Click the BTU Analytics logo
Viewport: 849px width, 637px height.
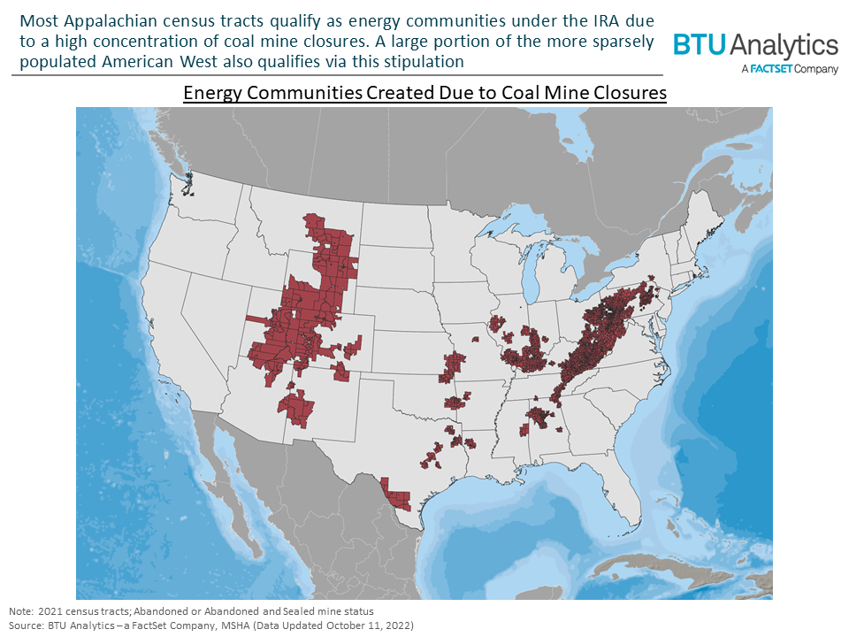(754, 45)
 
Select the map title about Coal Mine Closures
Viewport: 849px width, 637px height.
(424, 93)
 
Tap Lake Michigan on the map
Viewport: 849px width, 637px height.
(530, 283)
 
